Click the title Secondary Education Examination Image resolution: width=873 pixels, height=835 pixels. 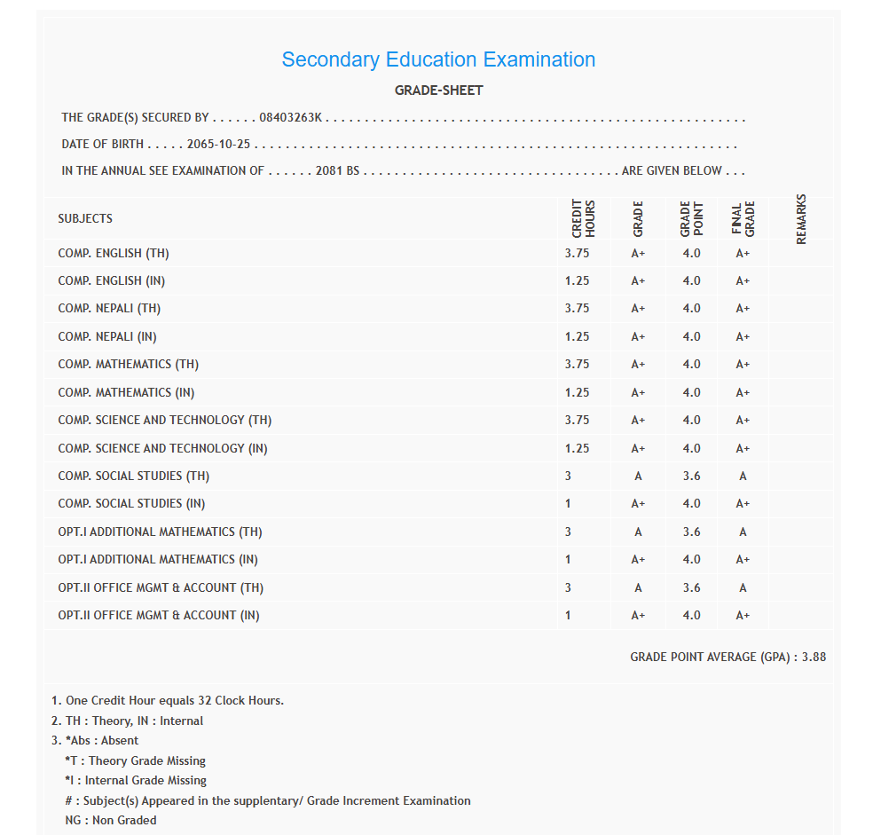pyautogui.click(x=438, y=59)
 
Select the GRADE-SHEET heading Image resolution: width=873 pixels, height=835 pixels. pyautogui.click(x=438, y=91)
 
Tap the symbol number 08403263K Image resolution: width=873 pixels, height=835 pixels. pyautogui.click(x=291, y=117)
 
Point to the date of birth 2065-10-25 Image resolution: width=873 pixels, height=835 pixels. pyautogui.click(x=219, y=144)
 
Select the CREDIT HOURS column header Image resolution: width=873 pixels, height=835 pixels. pyautogui.click(x=583, y=218)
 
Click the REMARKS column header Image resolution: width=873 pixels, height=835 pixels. pyautogui.click(x=800, y=218)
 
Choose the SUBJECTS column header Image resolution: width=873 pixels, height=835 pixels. pyautogui.click(x=85, y=218)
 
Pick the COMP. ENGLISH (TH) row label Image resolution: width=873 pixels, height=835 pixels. pyautogui.click(x=114, y=253)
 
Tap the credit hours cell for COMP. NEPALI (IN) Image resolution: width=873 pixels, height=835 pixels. pyautogui.click(x=577, y=336)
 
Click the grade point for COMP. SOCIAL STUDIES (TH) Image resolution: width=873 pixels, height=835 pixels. pyautogui.click(x=691, y=476)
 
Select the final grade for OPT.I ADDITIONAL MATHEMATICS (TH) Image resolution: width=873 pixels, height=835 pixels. pyautogui.click(x=743, y=532)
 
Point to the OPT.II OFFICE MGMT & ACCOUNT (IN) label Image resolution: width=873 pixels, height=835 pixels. pyautogui.click(x=159, y=615)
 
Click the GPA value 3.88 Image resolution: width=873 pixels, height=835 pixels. pyautogui.click(x=814, y=657)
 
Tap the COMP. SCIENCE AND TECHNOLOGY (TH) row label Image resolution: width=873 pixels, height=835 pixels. pyautogui.click(x=165, y=420)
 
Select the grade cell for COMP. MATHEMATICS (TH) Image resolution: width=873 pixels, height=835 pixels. pyautogui.click(x=638, y=364)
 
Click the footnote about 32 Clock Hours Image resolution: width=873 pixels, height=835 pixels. pyautogui.click(x=168, y=700)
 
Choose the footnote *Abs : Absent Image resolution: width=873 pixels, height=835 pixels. pyautogui.click(x=101, y=740)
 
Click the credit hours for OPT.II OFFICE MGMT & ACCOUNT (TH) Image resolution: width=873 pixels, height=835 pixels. pyautogui.click(x=568, y=587)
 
